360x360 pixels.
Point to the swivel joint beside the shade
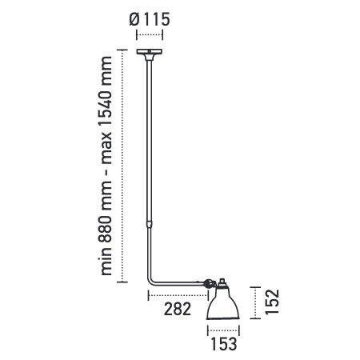tap(209, 282)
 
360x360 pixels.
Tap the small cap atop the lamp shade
tap(223, 282)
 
